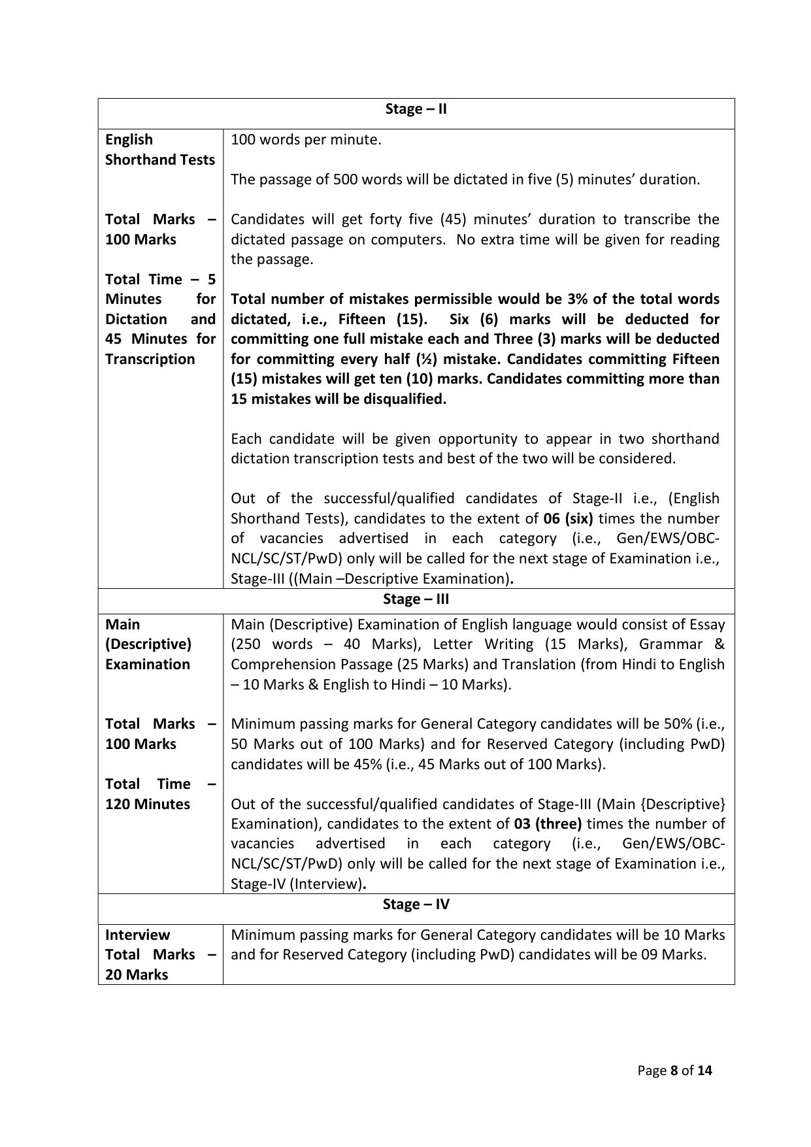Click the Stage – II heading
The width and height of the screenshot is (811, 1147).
tap(416, 109)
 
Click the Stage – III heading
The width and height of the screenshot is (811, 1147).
tap(416, 599)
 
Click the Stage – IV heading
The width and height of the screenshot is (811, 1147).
tap(416, 905)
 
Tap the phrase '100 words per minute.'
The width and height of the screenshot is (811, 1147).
tap(306, 140)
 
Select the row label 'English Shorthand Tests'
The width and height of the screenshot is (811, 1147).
tap(159, 150)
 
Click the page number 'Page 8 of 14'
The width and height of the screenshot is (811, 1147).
tap(674, 1071)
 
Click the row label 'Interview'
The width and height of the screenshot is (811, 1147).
tap(137, 935)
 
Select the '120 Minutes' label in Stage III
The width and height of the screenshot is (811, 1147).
tap(148, 805)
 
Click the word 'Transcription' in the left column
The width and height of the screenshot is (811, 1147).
tap(150, 359)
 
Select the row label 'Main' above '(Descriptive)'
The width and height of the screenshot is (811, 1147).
tap(123, 625)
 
